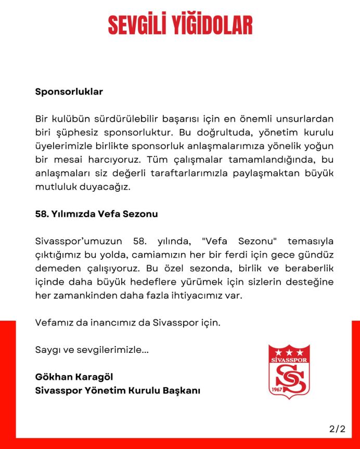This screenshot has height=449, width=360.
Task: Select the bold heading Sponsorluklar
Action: coord(69,92)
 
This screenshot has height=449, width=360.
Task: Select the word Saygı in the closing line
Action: coord(47,350)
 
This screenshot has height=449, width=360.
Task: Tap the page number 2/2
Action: coord(337,429)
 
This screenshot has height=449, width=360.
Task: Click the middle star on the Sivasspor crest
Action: coord(289,352)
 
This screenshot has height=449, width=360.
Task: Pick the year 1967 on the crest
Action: coord(277,390)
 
